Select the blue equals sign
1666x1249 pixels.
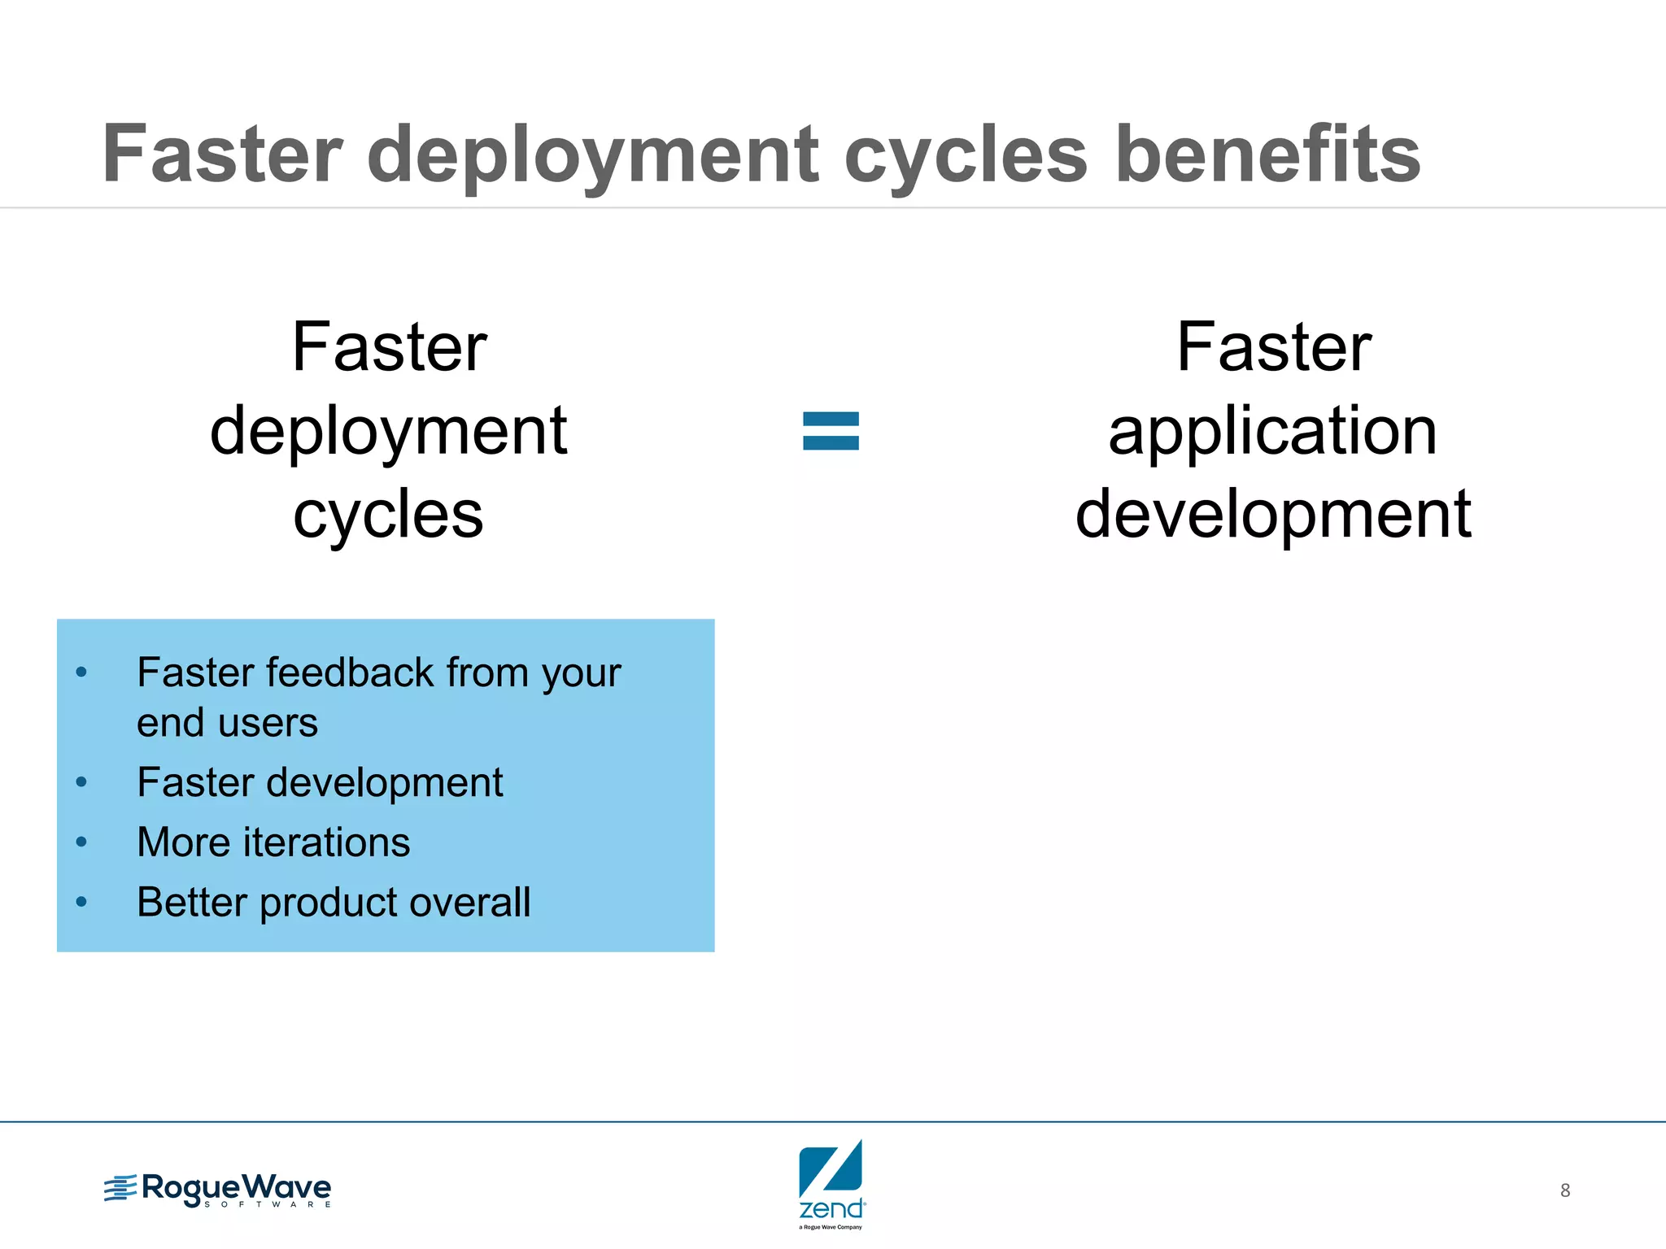pos(831,431)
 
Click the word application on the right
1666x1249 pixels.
pos(1273,431)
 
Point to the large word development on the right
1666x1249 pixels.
pos(1273,514)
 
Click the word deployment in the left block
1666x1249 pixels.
pos(389,431)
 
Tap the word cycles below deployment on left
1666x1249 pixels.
pos(389,516)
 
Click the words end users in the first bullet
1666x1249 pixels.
pos(227,723)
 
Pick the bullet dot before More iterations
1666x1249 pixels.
pos(81,842)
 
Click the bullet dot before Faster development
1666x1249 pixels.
pos(81,782)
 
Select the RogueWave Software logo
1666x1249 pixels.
pos(218,1190)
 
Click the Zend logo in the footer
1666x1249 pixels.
pos(831,1183)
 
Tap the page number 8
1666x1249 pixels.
pos(1564,1190)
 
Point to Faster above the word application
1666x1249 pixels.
pos(1274,348)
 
